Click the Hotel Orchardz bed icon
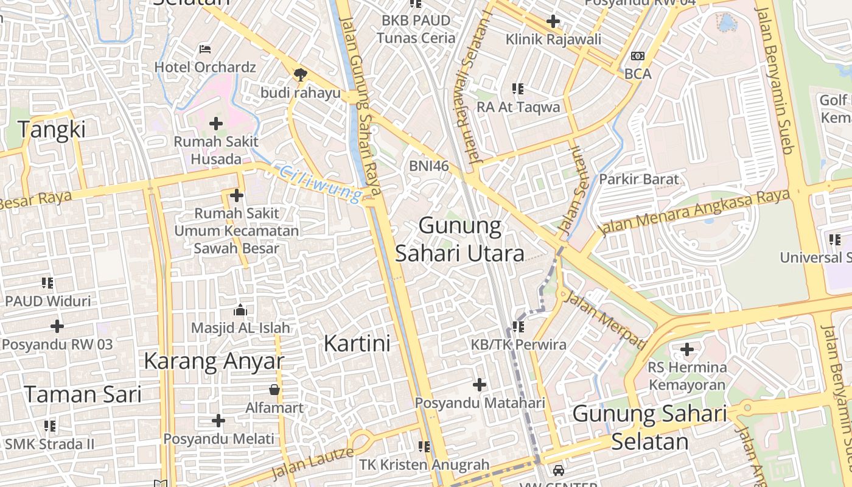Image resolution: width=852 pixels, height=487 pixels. coord(205,49)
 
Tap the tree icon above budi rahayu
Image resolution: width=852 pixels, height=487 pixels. coord(299,75)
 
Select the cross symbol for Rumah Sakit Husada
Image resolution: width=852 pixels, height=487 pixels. coord(215,124)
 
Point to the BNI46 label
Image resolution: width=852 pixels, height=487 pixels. coord(428,166)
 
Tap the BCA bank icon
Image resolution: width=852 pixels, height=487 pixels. coord(637,56)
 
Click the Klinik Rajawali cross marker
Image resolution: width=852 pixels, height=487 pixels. coord(553,22)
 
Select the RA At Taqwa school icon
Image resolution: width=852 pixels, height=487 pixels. coord(518,89)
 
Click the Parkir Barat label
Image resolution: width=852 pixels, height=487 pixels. coord(638,180)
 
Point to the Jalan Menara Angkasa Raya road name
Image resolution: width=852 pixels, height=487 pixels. coord(694,213)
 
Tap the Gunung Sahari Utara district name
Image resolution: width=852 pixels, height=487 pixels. coord(460,239)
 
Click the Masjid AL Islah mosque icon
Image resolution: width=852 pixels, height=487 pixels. coord(240,310)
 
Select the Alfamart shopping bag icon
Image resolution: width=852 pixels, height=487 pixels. coord(274,390)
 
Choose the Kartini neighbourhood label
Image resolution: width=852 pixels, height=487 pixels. coord(357,343)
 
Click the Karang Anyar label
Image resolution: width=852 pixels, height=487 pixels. coord(214,361)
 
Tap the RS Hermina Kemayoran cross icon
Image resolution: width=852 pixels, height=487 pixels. coord(687,349)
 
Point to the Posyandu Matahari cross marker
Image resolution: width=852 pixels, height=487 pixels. coord(480,385)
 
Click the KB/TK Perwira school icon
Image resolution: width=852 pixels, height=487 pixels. coord(518,327)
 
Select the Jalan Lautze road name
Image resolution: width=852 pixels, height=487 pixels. coord(312,463)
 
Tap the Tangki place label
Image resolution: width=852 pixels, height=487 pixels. coord(52,130)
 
